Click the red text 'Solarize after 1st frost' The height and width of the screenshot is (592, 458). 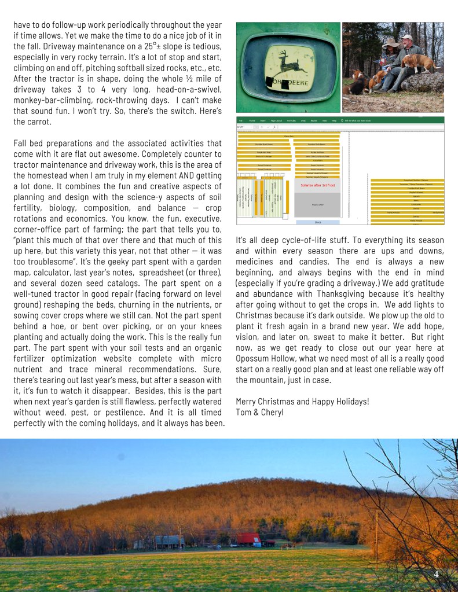click(x=318, y=185)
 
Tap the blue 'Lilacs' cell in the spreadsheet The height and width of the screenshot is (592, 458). click(x=317, y=222)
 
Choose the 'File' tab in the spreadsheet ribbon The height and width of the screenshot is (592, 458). click(x=241, y=120)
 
